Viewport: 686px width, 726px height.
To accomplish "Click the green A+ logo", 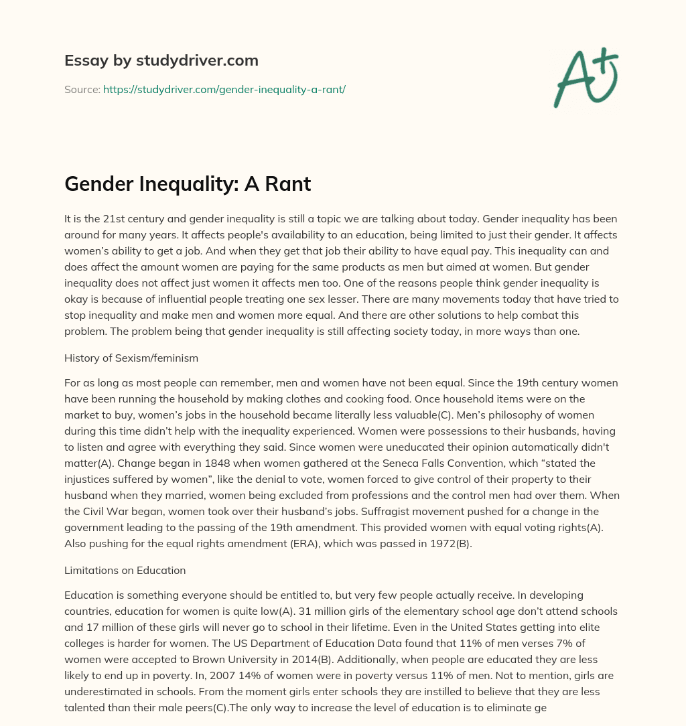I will [x=586, y=77].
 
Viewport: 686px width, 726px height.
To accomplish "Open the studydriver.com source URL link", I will [x=224, y=89].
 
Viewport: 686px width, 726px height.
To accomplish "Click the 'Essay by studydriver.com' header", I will [x=161, y=60].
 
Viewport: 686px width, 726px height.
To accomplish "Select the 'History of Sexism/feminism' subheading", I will [x=131, y=358].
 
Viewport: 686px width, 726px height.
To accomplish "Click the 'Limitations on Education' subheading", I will [x=125, y=571].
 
